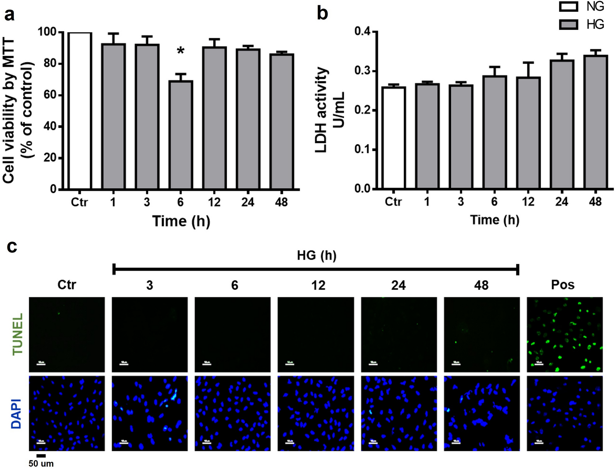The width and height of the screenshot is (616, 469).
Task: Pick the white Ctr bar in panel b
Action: (x=393, y=138)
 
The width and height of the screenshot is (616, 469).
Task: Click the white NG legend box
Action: (x=568, y=6)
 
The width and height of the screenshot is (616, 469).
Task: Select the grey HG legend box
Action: (x=568, y=24)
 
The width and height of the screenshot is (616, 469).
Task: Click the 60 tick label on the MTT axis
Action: (x=50, y=95)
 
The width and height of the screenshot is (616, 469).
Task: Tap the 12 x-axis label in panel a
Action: (x=214, y=202)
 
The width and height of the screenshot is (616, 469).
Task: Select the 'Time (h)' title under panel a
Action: (x=181, y=221)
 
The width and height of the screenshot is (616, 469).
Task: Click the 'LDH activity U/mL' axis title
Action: (x=329, y=110)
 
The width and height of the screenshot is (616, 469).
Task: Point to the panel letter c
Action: (x=12, y=246)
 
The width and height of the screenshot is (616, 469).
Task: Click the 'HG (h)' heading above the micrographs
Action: (x=316, y=255)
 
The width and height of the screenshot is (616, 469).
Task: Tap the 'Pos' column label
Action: (x=562, y=285)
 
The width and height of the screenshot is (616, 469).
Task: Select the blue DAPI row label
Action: (x=17, y=414)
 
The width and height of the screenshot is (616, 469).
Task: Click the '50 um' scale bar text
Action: (x=41, y=464)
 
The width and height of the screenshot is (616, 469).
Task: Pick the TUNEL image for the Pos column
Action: (x=564, y=335)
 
